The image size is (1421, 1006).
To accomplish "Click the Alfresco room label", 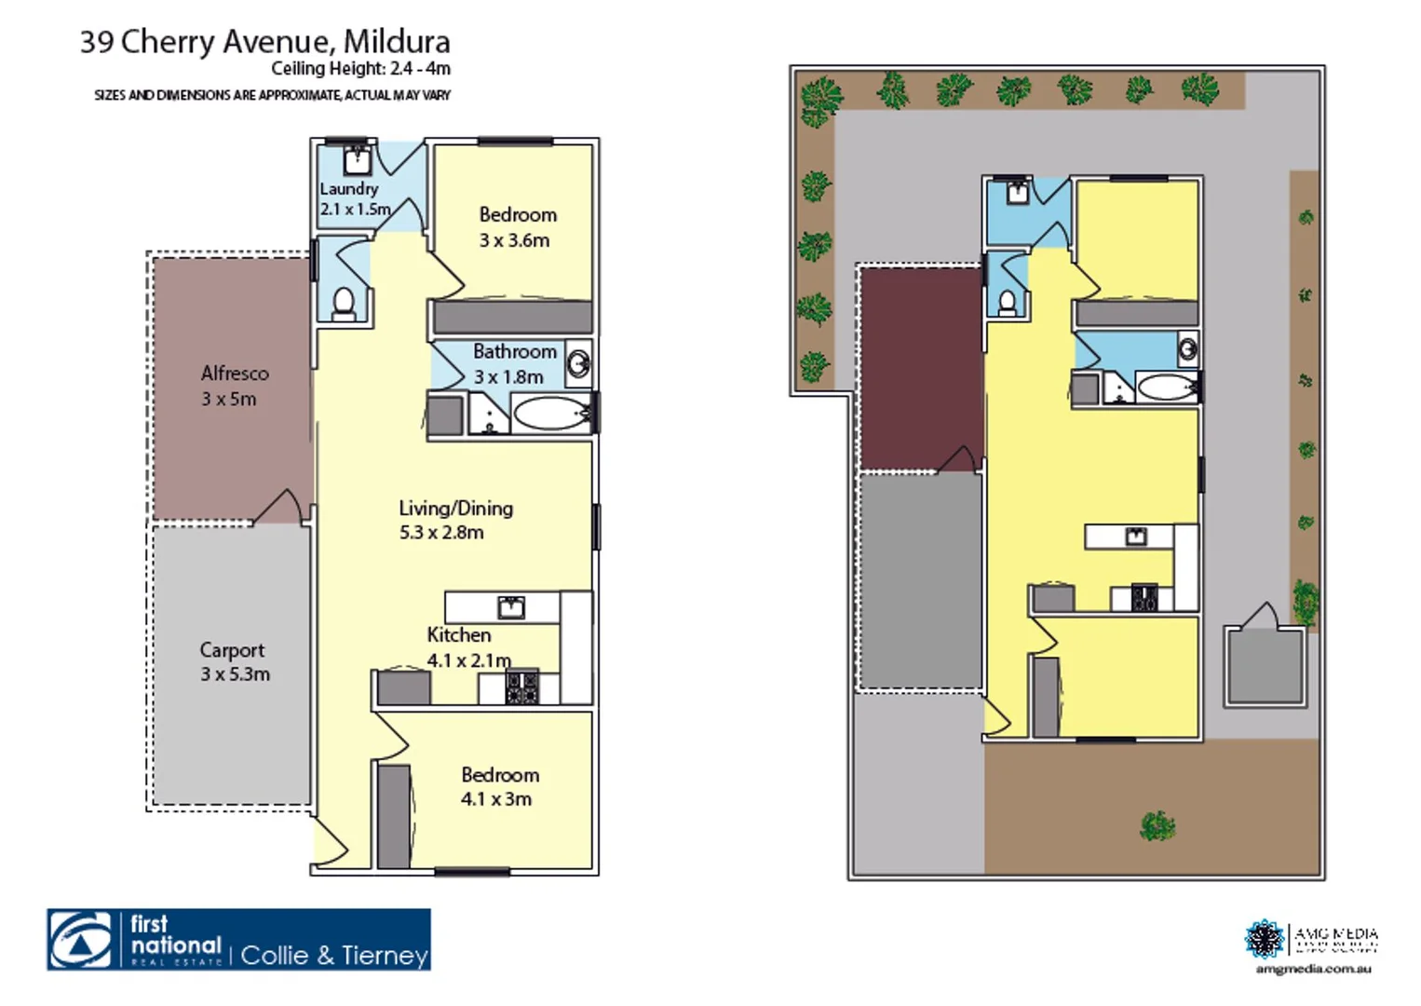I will click(x=235, y=374).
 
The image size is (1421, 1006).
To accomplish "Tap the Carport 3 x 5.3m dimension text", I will click(x=235, y=674).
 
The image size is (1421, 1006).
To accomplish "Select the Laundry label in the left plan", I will click(x=348, y=188).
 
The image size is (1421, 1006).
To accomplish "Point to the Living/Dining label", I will click(x=455, y=509).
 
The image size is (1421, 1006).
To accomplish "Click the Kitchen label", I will click(x=458, y=635).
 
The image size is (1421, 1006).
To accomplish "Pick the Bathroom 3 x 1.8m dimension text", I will click(x=508, y=377).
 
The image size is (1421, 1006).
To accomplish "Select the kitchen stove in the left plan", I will click(x=521, y=687).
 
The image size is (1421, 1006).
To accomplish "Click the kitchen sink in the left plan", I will click(x=511, y=608).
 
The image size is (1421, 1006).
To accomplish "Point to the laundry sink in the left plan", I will click(x=357, y=160).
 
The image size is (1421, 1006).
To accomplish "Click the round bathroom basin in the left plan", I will click(x=578, y=362).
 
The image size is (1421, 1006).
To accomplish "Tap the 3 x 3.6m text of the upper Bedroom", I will click(x=514, y=240).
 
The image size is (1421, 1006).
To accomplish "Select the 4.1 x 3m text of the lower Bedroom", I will click(x=496, y=799).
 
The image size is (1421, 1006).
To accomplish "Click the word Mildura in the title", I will click(x=397, y=41).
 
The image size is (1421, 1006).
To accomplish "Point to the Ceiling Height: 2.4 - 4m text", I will click(x=360, y=69).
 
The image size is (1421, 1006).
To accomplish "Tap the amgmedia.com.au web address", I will click(x=1313, y=970).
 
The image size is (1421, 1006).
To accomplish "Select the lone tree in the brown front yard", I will click(x=1157, y=825).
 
